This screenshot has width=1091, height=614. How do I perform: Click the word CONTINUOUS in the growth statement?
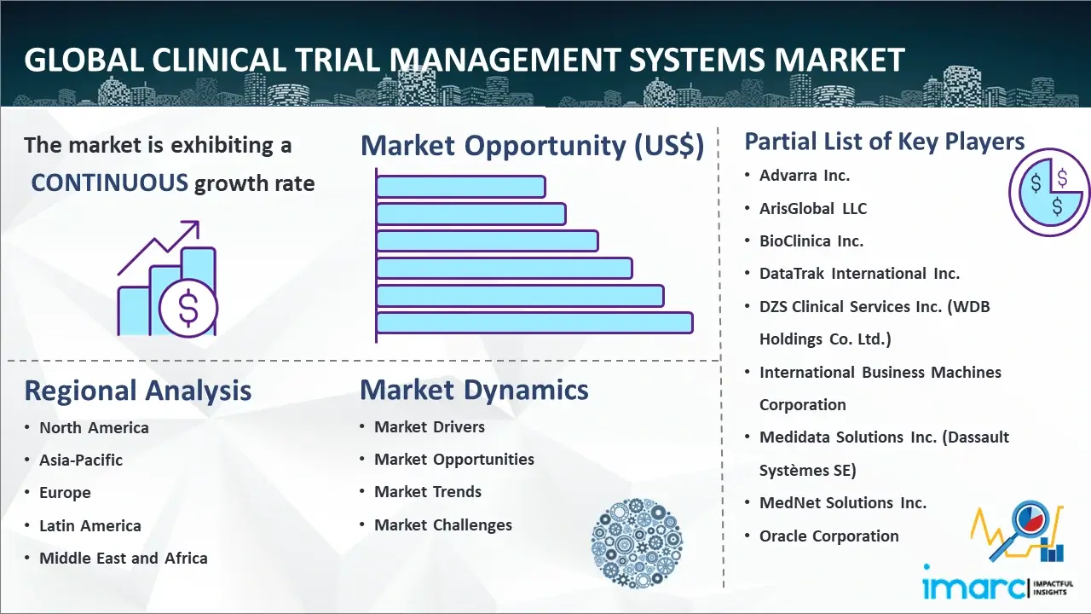tap(110, 182)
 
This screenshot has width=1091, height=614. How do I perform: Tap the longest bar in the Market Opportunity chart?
tap(534, 323)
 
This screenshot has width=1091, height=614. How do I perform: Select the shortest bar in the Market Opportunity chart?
tap(461, 187)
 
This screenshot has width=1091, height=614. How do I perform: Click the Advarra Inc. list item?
tap(804, 176)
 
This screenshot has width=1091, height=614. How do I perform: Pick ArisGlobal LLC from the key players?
tap(813, 209)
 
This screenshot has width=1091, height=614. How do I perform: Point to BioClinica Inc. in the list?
tap(811, 241)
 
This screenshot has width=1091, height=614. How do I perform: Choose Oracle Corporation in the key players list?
tap(829, 536)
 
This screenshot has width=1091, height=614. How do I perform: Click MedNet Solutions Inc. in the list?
tap(843, 503)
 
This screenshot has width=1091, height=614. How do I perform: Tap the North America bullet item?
tap(94, 428)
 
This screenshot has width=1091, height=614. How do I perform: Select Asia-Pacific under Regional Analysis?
tap(81, 460)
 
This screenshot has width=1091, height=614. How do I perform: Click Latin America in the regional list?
tap(90, 526)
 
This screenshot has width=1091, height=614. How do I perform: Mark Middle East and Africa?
tap(124, 559)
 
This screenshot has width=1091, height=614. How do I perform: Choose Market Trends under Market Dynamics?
tap(428, 492)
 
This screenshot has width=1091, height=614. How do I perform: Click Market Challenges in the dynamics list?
tap(443, 524)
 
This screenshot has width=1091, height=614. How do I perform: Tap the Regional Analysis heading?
tap(138, 391)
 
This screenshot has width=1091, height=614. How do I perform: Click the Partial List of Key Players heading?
tap(885, 142)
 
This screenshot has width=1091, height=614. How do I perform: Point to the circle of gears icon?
tap(637, 543)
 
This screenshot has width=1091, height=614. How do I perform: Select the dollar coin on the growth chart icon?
tap(188, 308)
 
